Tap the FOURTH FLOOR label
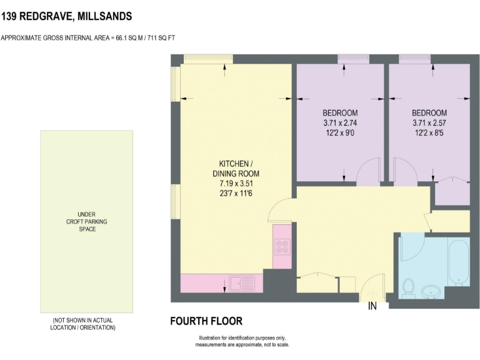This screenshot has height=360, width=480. click(206, 321)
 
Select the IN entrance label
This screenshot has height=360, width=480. click(373, 306)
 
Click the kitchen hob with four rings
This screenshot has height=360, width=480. click(282, 247)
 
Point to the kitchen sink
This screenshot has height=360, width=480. click(242, 284)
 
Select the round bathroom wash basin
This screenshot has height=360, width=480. click(431, 291)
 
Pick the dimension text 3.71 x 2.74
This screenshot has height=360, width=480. click(340, 122)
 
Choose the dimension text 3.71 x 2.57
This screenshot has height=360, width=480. click(429, 122)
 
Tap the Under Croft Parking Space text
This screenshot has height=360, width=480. click(86, 221)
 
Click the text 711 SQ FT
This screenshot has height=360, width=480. click(161, 37)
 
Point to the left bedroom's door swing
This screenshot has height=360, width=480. click(369, 171)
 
